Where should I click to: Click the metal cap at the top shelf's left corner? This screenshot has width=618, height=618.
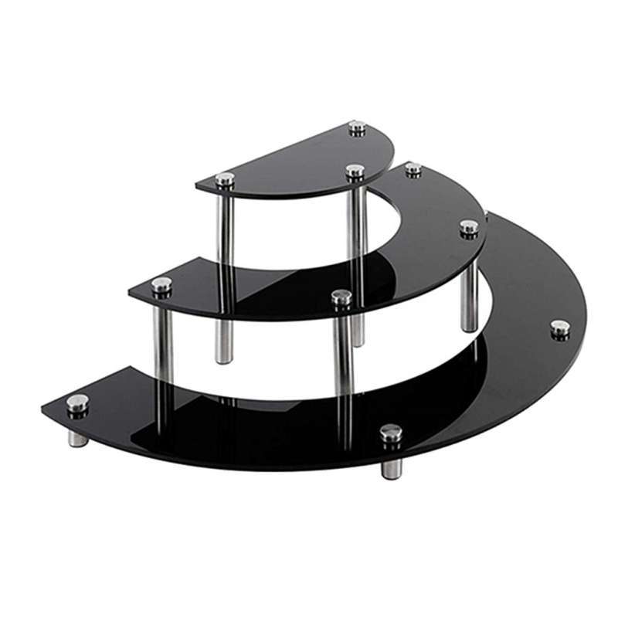[225, 179]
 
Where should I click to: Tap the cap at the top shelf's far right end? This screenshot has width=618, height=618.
[357, 127]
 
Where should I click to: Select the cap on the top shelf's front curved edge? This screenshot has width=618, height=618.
[355, 171]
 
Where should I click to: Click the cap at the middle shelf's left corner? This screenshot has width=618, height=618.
[161, 285]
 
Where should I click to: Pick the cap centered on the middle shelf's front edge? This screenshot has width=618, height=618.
[341, 297]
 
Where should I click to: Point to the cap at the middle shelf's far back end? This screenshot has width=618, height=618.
[413, 168]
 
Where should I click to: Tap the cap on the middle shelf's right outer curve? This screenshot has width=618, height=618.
[469, 227]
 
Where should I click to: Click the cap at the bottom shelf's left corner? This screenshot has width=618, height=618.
[77, 402]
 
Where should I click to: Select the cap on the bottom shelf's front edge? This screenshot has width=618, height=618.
[391, 433]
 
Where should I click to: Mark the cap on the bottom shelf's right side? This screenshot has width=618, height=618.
[560, 328]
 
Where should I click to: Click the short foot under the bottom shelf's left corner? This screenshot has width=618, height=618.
[77, 437]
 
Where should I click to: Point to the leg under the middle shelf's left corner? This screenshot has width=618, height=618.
[164, 340]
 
